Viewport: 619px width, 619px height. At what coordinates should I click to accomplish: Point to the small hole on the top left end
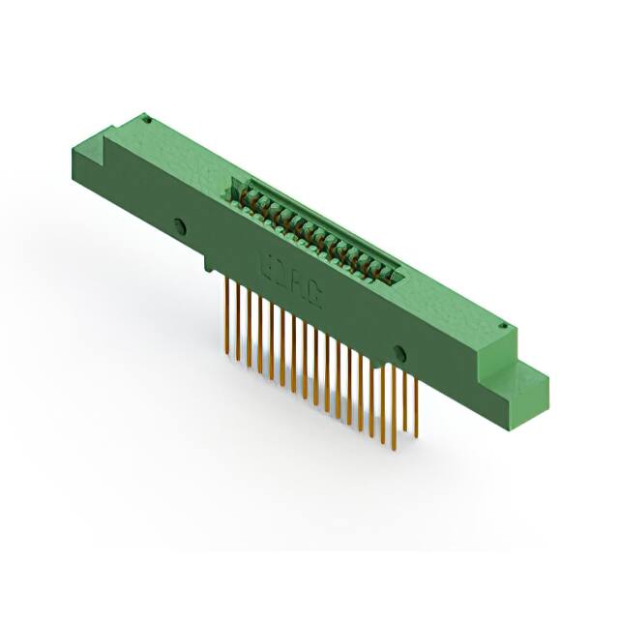point(146,120)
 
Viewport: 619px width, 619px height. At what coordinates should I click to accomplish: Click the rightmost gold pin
point(416,405)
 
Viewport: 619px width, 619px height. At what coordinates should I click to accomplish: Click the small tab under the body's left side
point(210,263)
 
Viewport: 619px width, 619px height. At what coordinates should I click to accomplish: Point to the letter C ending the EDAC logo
point(316,294)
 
